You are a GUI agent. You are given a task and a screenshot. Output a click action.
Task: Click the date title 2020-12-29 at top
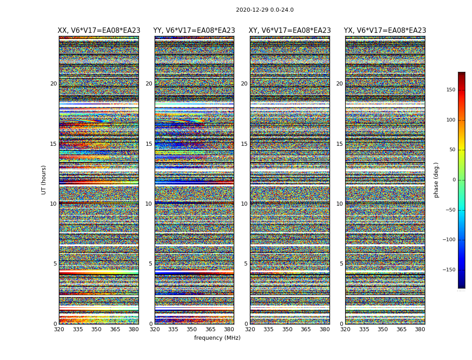tap(265, 10)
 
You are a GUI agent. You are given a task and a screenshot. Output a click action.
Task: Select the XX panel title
tap(99, 31)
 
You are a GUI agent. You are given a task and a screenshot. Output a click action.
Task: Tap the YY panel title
tap(194, 31)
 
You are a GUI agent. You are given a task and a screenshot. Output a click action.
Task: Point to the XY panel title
tap(290, 31)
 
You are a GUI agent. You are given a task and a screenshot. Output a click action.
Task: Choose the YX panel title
tap(385, 31)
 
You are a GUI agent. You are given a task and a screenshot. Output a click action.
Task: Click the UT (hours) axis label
tap(44, 180)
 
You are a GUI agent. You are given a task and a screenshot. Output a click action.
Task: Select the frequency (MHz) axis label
tap(217, 338)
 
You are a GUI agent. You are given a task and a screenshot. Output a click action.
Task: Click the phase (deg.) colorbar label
tap(436, 180)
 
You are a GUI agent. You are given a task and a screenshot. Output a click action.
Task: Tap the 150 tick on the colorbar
tap(450, 90)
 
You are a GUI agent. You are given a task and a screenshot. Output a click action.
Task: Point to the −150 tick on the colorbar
tap(449, 270)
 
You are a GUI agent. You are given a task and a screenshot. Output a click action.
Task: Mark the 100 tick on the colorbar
tap(450, 120)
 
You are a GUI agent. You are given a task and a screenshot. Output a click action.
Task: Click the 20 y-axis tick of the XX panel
tap(53, 84)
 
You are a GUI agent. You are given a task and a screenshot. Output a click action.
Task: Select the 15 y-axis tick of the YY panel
tap(149, 144)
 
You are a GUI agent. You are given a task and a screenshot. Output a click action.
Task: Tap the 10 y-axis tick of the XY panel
tap(244, 204)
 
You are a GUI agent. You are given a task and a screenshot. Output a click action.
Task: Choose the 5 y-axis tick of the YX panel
tap(341, 264)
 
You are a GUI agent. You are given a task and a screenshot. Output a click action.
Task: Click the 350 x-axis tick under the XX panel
tap(96, 329)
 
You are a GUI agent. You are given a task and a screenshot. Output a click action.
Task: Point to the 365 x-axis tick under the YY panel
tap(210, 329)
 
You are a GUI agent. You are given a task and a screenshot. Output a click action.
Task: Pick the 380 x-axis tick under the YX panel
tap(420, 329)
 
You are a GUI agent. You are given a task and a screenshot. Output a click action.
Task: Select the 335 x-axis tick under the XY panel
tap(268, 329)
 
